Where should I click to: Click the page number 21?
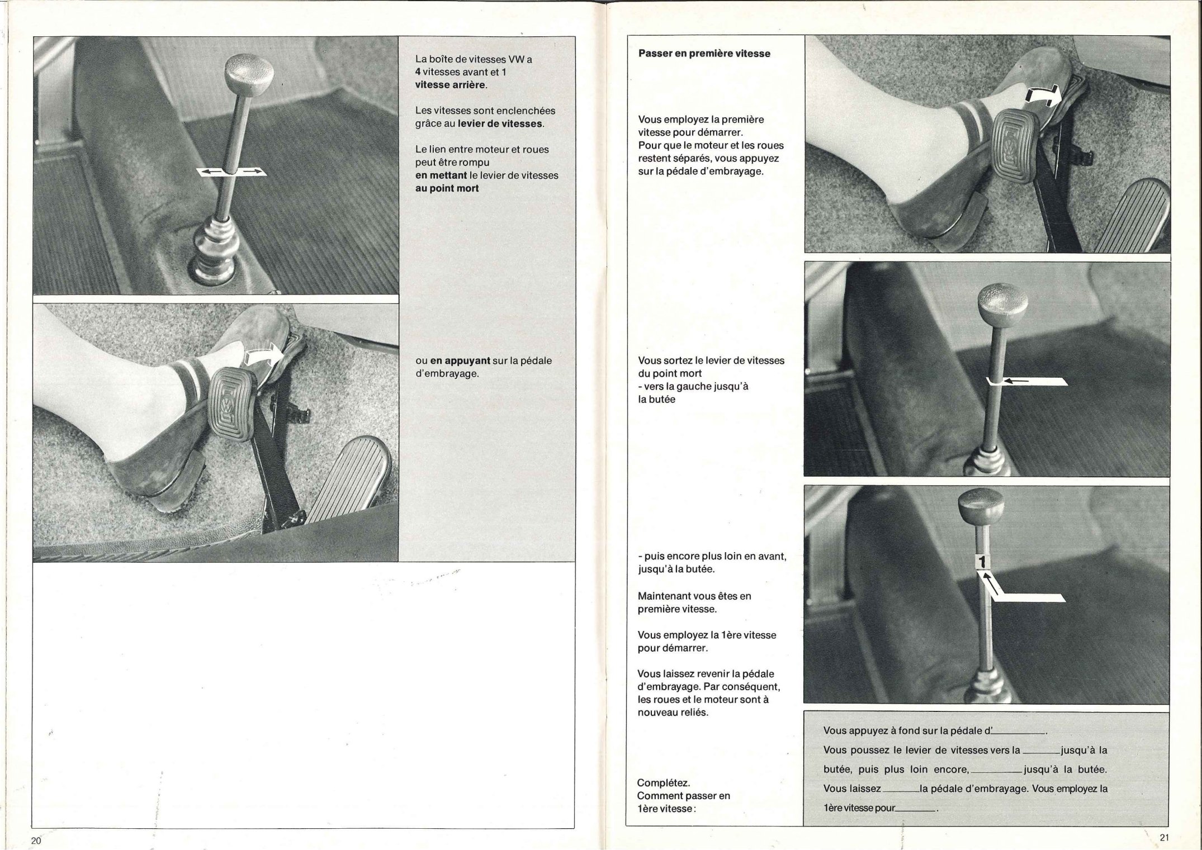coord(1164,837)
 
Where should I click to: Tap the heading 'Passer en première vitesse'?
coord(704,54)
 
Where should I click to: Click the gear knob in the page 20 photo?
coord(249,74)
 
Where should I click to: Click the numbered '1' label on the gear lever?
coord(983,561)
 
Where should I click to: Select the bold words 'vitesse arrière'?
coord(451,85)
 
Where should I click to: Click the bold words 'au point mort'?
coord(447,188)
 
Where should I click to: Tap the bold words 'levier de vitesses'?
coord(500,124)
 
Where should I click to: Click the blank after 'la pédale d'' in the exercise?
coord(1021,730)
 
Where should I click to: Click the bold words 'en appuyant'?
coord(459,360)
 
